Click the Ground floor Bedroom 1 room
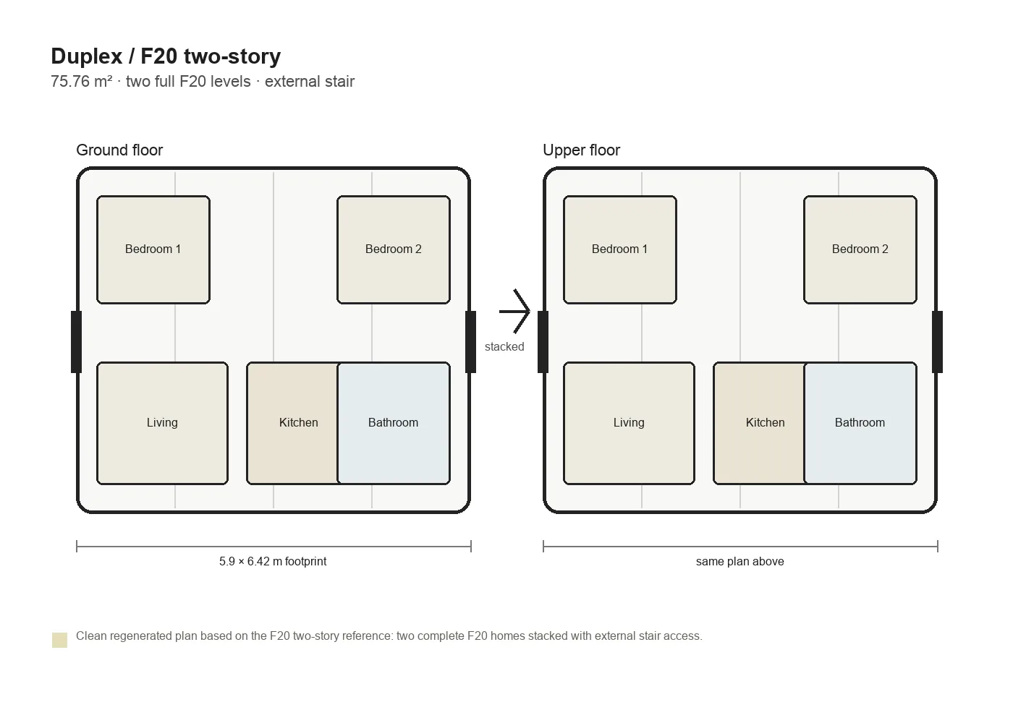(x=153, y=249)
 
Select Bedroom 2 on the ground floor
(x=394, y=249)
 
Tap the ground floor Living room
(x=162, y=423)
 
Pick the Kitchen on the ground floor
(x=292, y=423)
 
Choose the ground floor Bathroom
(x=394, y=423)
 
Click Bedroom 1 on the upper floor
(x=620, y=249)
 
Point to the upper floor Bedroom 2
(x=860, y=249)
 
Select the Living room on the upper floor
(x=629, y=423)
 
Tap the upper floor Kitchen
(x=759, y=423)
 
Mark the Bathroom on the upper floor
(x=860, y=423)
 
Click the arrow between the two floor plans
(x=514, y=312)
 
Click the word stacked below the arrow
(x=504, y=346)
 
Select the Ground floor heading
(x=119, y=150)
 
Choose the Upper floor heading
(x=581, y=150)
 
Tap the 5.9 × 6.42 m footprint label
(x=273, y=561)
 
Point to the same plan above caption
(x=739, y=561)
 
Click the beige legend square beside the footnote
(x=59, y=640)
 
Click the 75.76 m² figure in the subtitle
(x=81, y=81)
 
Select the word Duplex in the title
(x=87, y=56)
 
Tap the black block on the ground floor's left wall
(x=76, y=341)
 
